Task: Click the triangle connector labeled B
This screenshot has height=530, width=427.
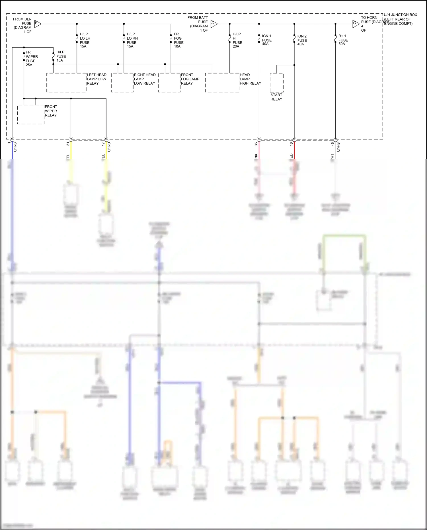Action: click(x=37, y=24)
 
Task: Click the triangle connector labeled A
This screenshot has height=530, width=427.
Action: click(x=214, y=24)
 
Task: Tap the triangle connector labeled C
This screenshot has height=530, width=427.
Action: click(x=356, y=24)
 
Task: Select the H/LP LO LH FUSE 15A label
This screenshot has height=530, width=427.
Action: click(x=85, y=40)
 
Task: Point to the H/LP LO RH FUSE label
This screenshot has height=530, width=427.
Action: click(x=132, y=40)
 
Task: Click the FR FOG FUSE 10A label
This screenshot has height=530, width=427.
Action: click(x=178, y=40)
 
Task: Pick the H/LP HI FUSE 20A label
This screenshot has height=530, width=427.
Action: click(x=237, y=40)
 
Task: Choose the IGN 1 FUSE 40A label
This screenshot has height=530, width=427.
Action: click(x=267, y=40)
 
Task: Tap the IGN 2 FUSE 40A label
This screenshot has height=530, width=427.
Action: click(x=302, y=40)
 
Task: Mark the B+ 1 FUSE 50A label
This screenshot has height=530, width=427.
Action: click(x=343, y=40)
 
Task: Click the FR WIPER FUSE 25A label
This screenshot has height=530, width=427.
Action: click(x=32, y=58)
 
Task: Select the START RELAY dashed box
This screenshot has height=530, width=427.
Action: click(x=276, y=83)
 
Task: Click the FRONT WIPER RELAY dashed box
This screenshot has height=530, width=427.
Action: click(x=31, y=114)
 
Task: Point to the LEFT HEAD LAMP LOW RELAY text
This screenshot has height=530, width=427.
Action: click(x=97, y=79)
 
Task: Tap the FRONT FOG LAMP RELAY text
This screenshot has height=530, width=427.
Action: click(x=190, y=79)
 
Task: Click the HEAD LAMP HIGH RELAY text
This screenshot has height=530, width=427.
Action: click(x=250, y=79)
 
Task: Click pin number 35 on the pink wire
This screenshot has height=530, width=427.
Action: click(x=256, y=144)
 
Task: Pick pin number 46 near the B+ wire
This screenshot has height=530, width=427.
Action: click(x=332, y=144)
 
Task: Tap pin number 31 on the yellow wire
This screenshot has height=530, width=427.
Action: click(x=68, y=144)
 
